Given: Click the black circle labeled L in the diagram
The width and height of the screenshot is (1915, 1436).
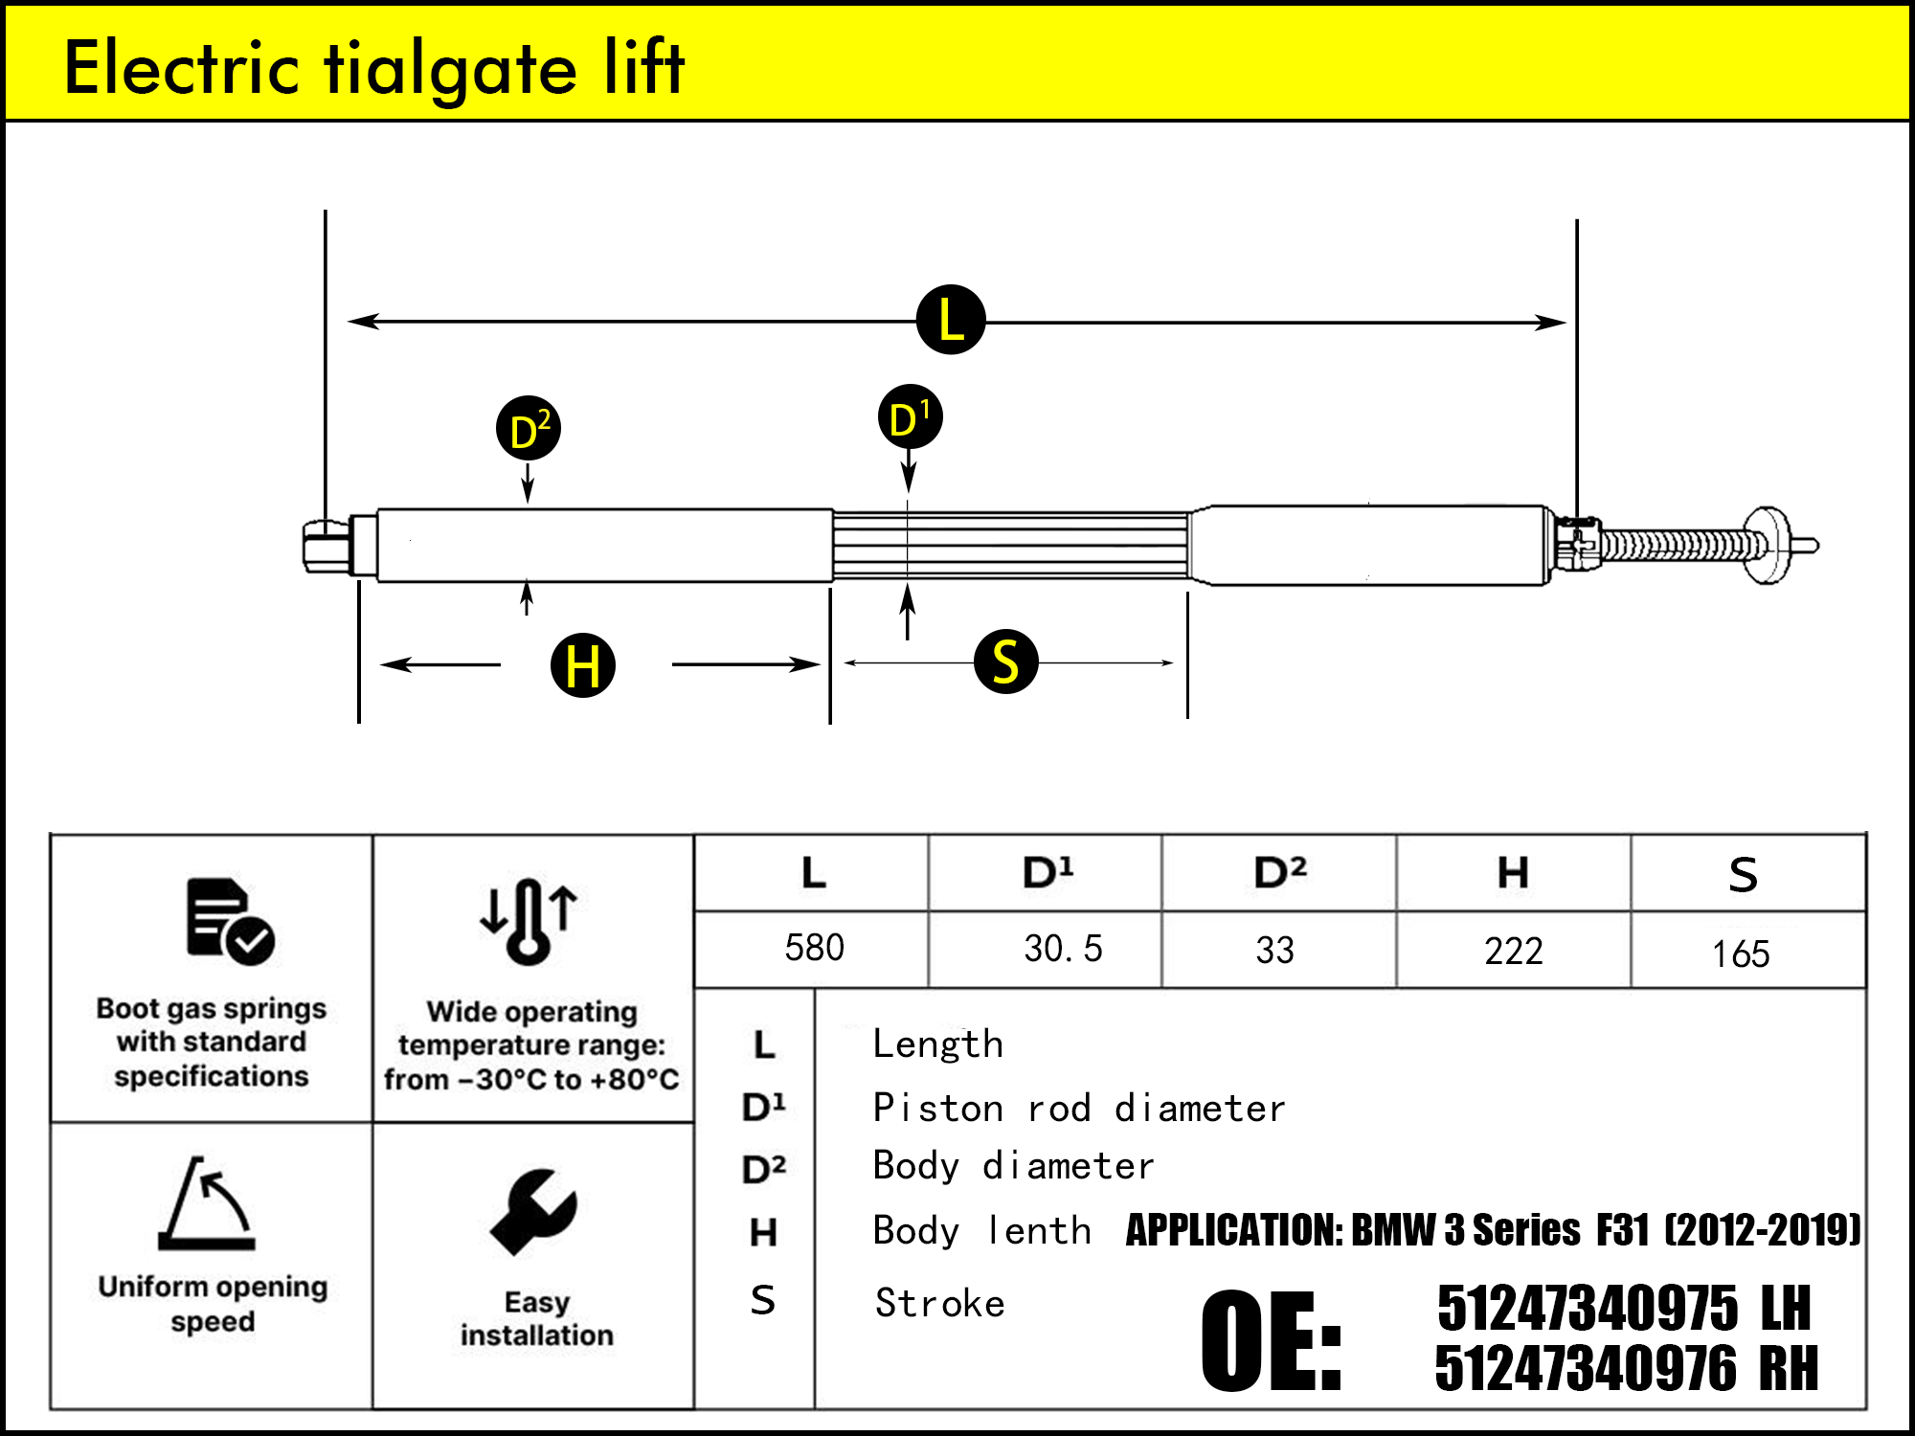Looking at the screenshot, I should (951, 320).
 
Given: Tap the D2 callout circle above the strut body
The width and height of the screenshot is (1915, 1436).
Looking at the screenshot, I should (529, 428).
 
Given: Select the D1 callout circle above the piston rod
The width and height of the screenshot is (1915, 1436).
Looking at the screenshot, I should (910, 417).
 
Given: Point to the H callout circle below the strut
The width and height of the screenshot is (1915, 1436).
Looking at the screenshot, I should (583, 665).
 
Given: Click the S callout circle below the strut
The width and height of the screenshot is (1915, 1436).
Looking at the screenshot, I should (1005, 662).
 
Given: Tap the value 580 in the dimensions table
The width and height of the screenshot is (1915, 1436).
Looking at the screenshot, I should (814, 948).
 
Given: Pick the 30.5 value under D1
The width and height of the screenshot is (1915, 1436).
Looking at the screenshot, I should (1063, 949).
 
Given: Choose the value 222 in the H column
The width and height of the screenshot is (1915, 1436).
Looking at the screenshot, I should (1514, 952).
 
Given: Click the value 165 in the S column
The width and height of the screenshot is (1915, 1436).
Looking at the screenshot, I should (1741, 954).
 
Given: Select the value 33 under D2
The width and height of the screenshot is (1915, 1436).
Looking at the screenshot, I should (1274, 951).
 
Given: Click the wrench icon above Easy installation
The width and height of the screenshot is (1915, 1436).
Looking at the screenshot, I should (533, 1212).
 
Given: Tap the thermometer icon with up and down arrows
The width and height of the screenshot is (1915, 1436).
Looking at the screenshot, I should (529, 920).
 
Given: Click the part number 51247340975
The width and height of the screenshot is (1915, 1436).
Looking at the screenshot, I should (1587, 1309).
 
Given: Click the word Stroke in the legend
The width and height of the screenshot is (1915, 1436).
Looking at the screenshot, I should (940, 1304).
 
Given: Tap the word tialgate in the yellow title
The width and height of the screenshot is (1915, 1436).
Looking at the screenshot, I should (450, 69).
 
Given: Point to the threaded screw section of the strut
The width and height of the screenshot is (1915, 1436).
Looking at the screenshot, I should (1680, 546).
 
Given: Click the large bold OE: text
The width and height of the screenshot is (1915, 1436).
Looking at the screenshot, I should (1271, 1339).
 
